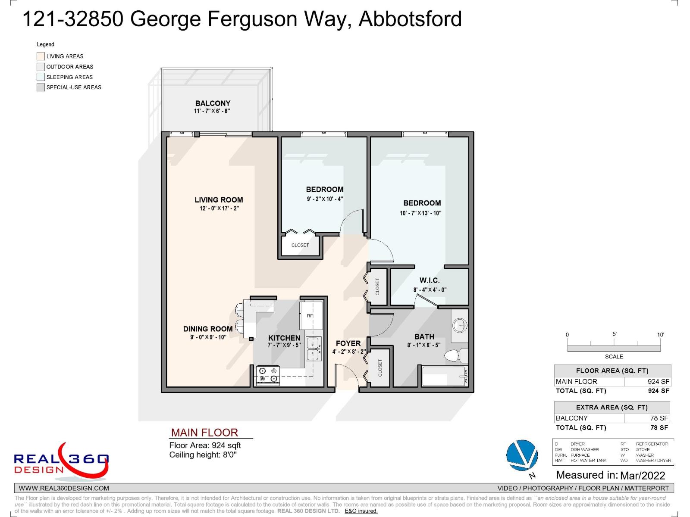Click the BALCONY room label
click(213, 103)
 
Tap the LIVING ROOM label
click(219, 200)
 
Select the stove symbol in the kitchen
click(268, 375)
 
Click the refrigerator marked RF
click(311, 315)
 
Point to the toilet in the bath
click(453, 356)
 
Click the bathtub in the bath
click(444, 376)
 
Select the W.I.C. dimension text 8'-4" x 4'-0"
click(430, 290)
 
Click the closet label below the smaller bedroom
click(300, 245)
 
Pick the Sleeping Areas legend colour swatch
click(41, 77)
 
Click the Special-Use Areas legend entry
click(73, 87)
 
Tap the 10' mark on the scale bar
click(660, 335)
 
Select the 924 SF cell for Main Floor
click(658, 381)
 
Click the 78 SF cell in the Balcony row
click(659, 418)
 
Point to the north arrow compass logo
click(522, 456)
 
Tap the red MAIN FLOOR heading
click(204, 433)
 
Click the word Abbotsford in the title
click(410, 19)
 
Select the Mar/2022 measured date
click(642, 475)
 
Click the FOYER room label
click(348, 343)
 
